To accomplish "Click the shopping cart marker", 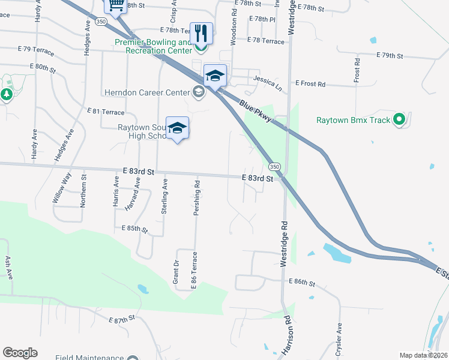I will point(116,5).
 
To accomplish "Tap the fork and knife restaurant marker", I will point(201,34).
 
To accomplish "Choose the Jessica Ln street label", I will point(267,79).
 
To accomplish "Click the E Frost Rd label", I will point(310,84).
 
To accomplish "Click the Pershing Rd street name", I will point(197,192).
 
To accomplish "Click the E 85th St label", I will point(134,229).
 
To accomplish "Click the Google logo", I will point(20,353).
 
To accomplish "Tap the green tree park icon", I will point(7,94).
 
